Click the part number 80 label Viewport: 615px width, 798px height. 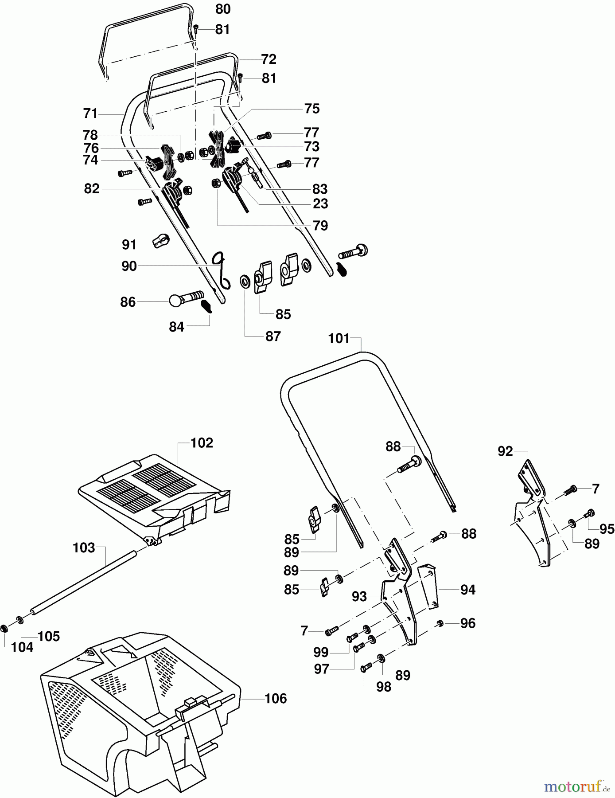pos(223,9)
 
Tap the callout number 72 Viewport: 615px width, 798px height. pos(269,59)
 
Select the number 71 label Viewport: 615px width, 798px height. pos(90,114)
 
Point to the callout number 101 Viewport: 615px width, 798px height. pos(339,339)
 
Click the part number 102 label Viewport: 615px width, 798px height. pos(202,443)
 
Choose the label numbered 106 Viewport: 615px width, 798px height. pos(276,698)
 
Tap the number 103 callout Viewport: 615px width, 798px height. pos(84,548)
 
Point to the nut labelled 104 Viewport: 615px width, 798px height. pos(5,629)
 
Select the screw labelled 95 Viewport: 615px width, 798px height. pos(590,513)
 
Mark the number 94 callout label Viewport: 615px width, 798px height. pos(468,590)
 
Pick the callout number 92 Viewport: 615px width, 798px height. pos(505,451)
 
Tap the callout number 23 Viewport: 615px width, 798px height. pos(320,203)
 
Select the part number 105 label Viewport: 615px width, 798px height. pos(49,636)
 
